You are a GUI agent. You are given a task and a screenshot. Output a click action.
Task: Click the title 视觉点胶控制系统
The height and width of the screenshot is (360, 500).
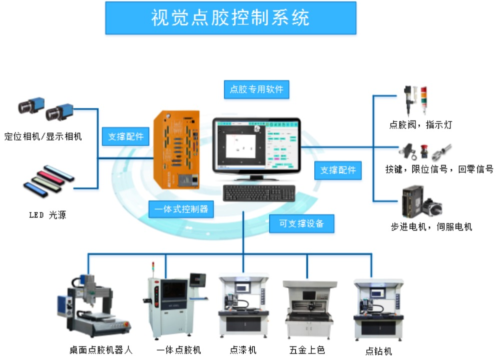(230, 17)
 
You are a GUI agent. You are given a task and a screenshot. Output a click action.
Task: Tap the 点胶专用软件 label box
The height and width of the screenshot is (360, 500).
(256, 89)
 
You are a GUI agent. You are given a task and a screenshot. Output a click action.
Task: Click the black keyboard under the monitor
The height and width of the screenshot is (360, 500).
(259, 193)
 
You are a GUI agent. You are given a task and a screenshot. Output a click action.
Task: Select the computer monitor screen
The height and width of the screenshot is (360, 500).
(256, 145)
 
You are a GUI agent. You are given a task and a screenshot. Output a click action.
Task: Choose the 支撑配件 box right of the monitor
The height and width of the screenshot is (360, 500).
(338, 170)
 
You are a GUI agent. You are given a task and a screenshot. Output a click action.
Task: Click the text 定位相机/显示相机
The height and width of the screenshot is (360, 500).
(43, 136)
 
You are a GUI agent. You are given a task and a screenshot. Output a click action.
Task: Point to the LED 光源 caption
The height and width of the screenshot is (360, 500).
(48, 215)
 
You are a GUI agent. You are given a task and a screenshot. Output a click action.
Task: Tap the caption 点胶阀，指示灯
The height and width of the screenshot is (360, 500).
(420, 125)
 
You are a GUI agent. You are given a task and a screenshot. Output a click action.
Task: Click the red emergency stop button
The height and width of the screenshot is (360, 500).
(423, 152)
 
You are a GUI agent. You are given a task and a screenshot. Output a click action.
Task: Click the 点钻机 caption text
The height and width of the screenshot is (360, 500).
(379, 351)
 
